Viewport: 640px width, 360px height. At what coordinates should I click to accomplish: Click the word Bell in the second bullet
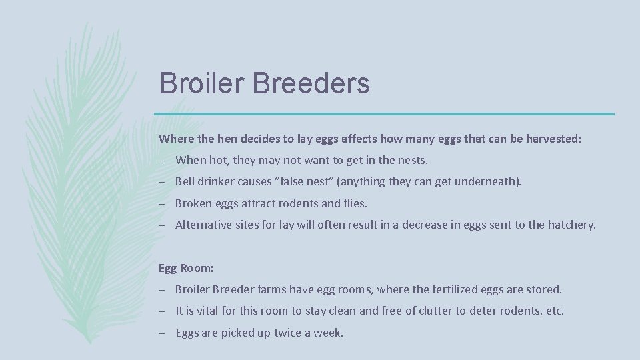point(185,182)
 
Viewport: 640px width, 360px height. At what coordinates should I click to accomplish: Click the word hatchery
point(571,225)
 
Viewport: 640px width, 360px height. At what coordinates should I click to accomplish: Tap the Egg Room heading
point(186,268)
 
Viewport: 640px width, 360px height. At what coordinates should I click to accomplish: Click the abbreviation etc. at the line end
point(555,311)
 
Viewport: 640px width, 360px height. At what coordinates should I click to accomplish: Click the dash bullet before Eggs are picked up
point(163,332)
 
